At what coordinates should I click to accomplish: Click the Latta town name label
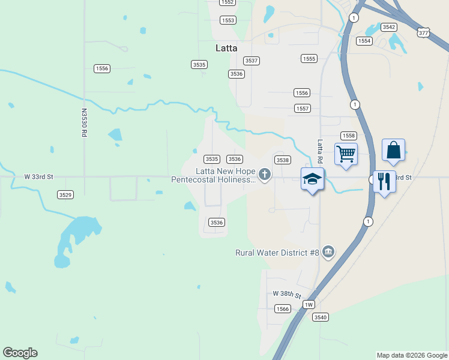226,48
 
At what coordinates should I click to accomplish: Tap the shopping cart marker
346,154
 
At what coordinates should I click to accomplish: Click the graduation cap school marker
312,179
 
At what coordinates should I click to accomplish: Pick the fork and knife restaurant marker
384,181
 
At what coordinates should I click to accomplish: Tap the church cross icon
265,175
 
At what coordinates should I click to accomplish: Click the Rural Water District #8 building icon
328,251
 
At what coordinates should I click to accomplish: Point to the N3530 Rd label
84,123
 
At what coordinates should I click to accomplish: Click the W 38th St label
286,294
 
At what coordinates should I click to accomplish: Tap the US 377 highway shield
424,33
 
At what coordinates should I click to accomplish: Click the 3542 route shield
389,27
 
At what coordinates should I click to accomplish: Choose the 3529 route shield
65,195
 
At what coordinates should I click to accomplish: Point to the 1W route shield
309,305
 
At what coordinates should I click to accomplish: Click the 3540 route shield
320,317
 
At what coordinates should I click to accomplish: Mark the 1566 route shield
283,308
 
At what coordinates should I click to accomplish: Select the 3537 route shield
252,61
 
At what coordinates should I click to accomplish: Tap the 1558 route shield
349,136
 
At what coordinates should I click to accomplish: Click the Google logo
20,353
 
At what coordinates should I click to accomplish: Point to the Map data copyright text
411,355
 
